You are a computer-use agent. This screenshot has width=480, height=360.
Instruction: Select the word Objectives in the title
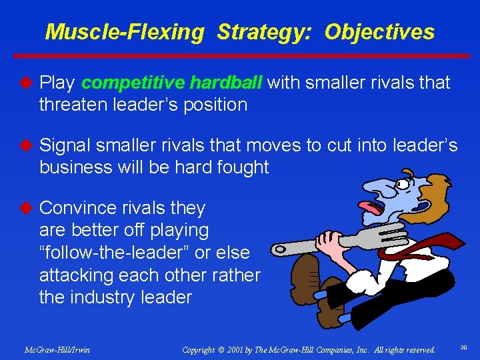(379, 31)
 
